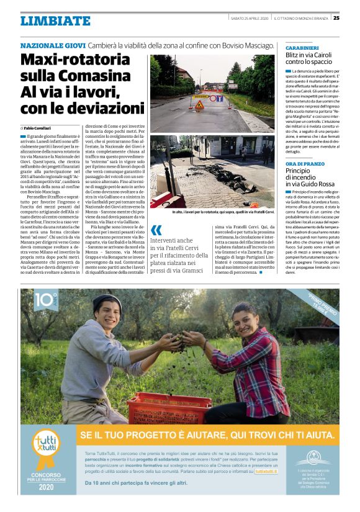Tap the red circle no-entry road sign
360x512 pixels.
212,98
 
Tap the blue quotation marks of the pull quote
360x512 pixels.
156,231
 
